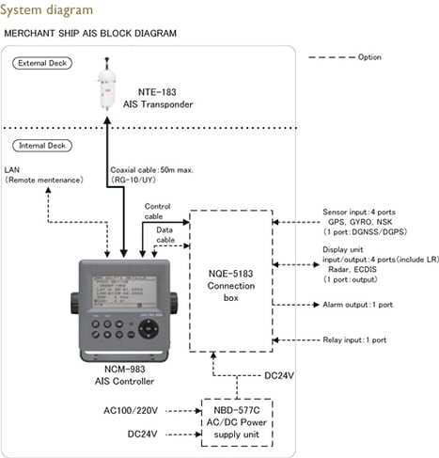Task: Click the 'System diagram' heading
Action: click(x=49, y=9)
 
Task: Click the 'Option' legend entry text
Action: click(x=369, y=56)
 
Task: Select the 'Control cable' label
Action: click(x=158, y=212)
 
